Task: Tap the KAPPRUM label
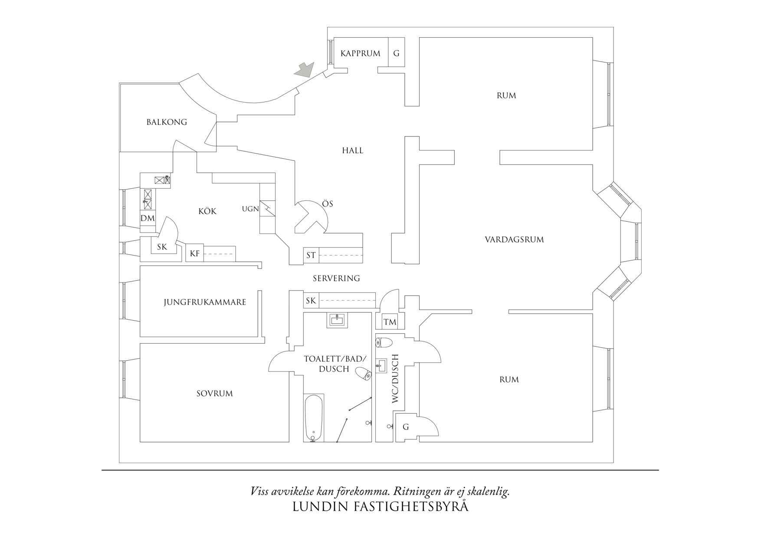tap(360, 53)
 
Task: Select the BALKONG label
tap(167, 122)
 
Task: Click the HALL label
tap(352, 151)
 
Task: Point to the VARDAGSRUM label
tap(514, 239)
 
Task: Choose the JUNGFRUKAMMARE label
tap(205, 302)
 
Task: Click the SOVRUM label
tap(214, 394)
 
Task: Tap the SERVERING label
tap(336, 278)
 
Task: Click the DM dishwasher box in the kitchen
tap(148, 218)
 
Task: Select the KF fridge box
tap(195, 253)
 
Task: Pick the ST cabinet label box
tap(311, 255)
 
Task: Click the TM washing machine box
tap(390, 322)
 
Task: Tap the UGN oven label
tap(250, 209)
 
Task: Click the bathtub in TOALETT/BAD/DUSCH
tap(313, 417)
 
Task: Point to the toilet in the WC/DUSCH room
tap(384, 342)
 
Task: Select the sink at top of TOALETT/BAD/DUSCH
tap(337, 321)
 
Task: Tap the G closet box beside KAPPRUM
tap(396, 53)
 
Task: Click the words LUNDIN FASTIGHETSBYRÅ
tap(380, 507)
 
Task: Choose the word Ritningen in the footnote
tap(421, 492)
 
